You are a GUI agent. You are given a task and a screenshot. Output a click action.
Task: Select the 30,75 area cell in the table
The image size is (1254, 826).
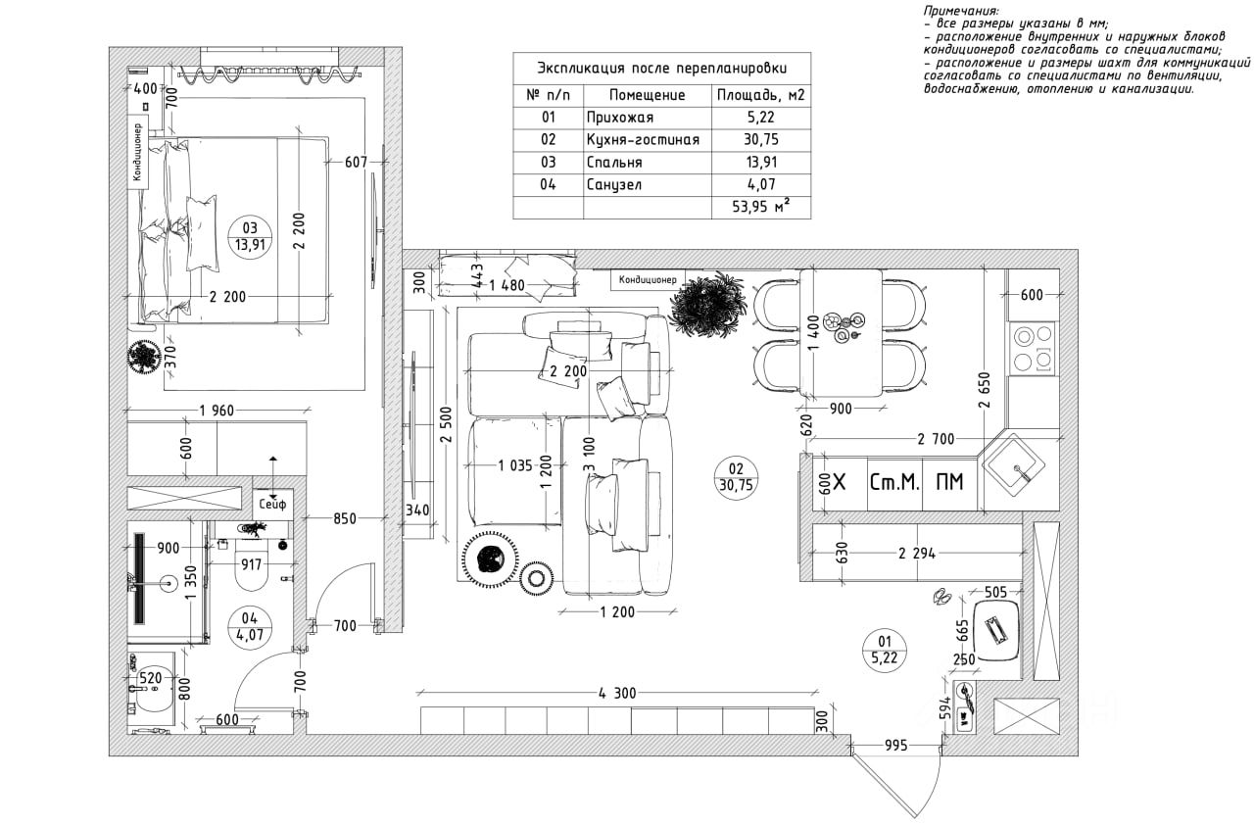click(761, 140)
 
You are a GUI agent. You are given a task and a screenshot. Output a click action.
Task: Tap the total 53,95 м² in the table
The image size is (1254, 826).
click(761, 207)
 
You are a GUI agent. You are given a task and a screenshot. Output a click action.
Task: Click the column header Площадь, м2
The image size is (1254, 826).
click(761, 95)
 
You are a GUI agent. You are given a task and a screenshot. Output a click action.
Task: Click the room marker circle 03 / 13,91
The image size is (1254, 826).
click(249, 236)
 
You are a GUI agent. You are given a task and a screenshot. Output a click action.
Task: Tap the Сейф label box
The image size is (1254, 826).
click(273, 505)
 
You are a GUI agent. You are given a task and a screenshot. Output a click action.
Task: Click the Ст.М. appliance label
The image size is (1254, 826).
click(894, 482)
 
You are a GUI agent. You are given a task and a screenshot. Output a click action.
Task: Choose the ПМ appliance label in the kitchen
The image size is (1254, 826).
click(949, 482)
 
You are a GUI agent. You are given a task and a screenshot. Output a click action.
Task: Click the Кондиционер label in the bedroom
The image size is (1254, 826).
click(138, 153)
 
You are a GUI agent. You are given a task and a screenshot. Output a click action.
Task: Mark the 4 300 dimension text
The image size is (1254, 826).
click(617, 693)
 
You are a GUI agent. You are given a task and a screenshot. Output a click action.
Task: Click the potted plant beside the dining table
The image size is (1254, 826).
click(712, 305)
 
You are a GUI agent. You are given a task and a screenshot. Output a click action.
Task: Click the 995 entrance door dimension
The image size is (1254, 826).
click(895, 746)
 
